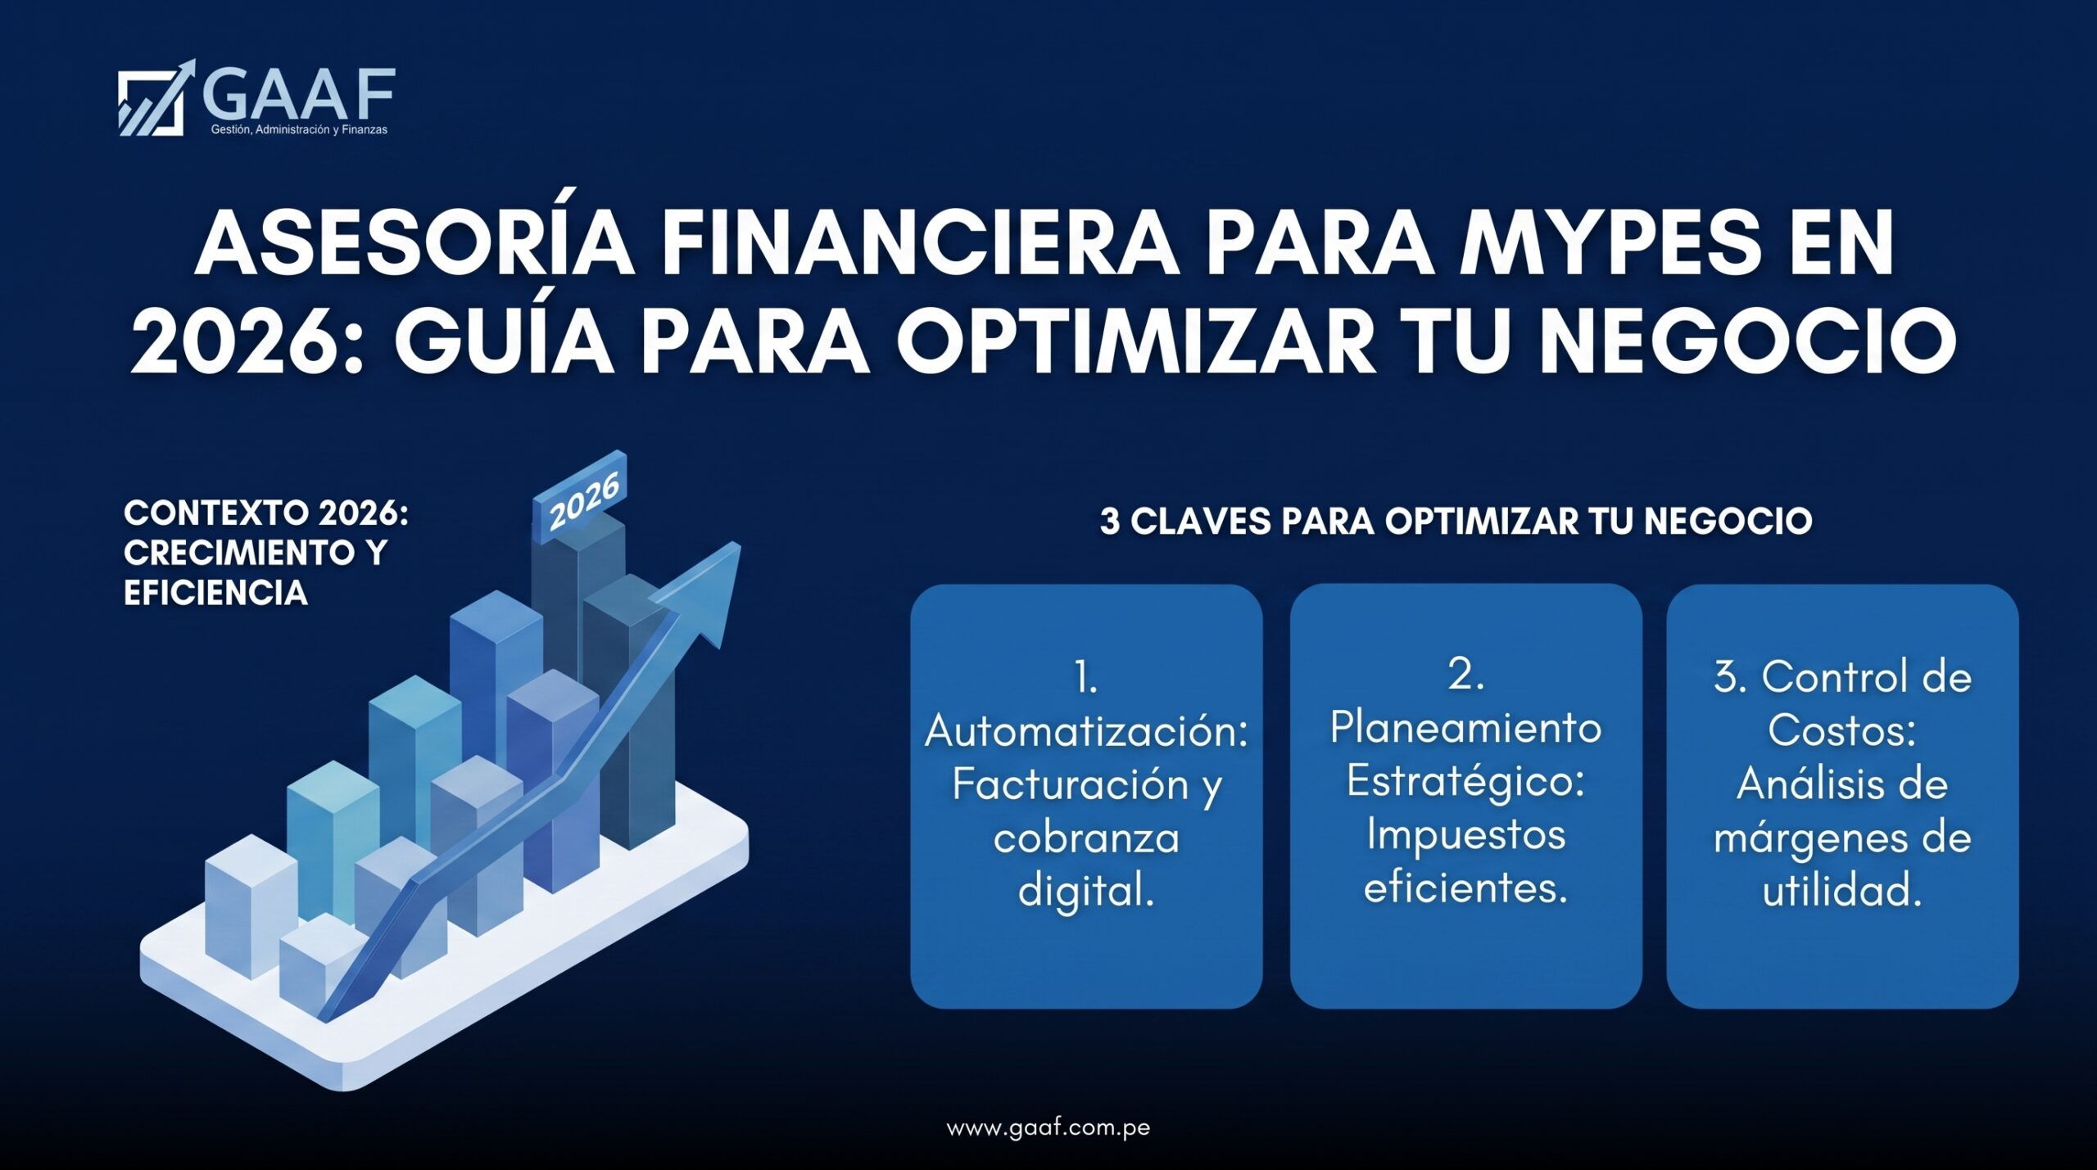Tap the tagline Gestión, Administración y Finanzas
[299, 130]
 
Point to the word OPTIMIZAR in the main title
[1135, 341]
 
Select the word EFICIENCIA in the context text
[215, 592]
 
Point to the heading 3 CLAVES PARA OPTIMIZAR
[1338, 521]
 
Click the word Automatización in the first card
[1086, 731]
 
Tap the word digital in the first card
[1086, 890]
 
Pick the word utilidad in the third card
[1842, 890]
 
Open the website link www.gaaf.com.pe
[1048, 1127]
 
